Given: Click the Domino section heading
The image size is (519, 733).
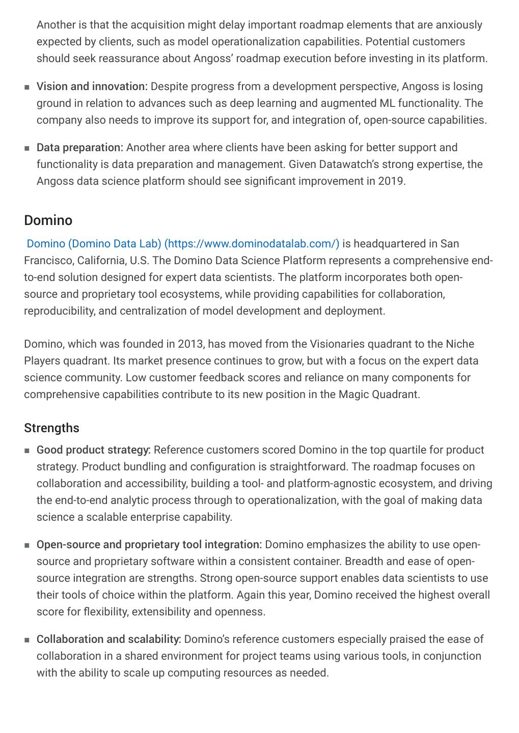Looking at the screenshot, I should [x=48, y=220].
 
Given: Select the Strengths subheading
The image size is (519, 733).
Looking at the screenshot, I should [x=51, y=428].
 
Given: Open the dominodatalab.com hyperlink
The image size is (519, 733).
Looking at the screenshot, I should [x=183, y=244].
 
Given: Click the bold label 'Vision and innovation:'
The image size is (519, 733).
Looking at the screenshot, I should [x=92, y=87].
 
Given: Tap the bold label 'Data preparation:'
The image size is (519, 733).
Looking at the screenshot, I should [x=79, y=148].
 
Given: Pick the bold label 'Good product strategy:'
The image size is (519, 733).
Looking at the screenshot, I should [x=93, y=450].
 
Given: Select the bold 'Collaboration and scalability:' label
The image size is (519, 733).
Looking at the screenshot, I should [x=108, y=639].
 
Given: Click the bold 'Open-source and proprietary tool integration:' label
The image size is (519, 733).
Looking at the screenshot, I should [x=149, y=545].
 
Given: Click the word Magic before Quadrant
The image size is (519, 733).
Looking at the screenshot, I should [x=353, y=394].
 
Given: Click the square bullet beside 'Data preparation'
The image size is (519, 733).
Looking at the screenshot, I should [x=26, y=148].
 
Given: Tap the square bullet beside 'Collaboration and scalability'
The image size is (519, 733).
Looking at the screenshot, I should [x=26, y=640].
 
